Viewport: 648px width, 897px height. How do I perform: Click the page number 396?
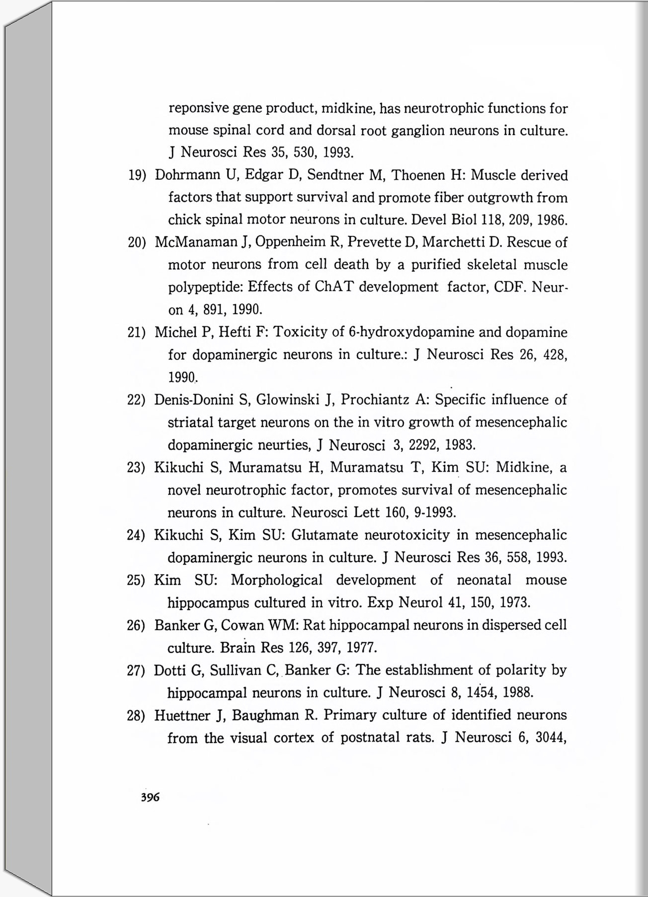click(x=150, y=798)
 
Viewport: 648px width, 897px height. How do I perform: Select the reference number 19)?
click(x=137, y=175)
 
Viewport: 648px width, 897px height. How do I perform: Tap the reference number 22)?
click(x=136, y=400)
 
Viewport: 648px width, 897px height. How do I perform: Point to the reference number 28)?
click(x=136, y=716)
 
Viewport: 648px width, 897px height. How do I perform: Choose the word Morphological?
click(x=276, y=580)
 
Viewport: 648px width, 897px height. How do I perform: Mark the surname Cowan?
click(x=242, y=625)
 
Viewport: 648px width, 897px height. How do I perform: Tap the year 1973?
click(x=514, y=603)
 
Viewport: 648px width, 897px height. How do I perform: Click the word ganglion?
click(x=417, y=131)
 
